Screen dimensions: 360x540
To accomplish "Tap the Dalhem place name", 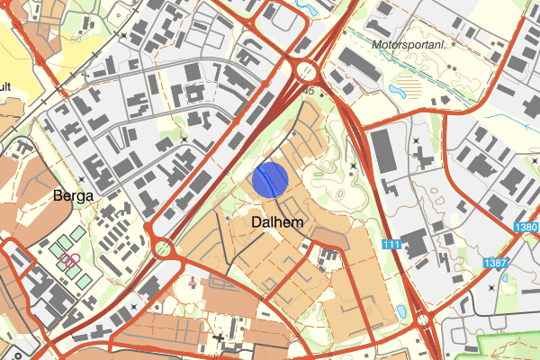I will point(277,221).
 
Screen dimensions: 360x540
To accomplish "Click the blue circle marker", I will point(269,179).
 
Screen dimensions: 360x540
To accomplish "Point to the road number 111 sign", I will point(391,246).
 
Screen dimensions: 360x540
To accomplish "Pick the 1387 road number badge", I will point(494,263).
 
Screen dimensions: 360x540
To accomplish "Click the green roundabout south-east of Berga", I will point(163,247).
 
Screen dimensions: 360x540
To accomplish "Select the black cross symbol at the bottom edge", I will point(220,339).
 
